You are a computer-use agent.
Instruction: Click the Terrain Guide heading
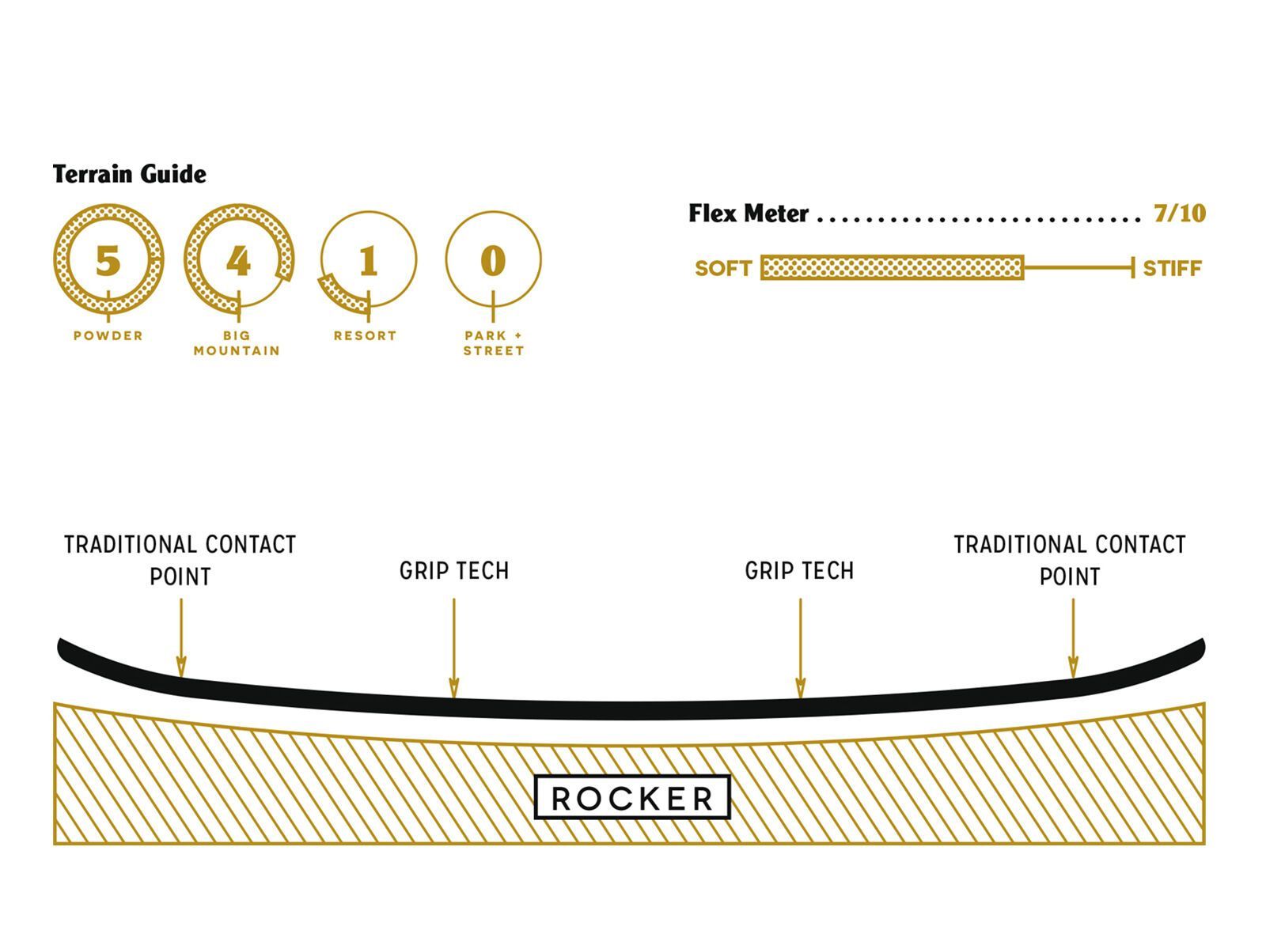coord(130,174)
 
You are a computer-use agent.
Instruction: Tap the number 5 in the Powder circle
coord(108,260)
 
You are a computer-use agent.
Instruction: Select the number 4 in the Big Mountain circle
coord(238,260)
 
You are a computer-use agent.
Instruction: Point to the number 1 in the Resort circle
coord(367,260)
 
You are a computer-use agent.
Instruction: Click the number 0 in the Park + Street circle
coord(493,260)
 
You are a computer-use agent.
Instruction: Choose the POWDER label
coord(108,336)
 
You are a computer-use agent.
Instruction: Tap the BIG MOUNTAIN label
coord(237,343)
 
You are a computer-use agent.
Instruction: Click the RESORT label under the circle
coord(365,336)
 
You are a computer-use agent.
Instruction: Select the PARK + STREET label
coord(494,343)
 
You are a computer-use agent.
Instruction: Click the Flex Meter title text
coord(749,214)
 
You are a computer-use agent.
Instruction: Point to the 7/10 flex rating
coord(1179,214)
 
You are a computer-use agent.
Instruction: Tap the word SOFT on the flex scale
coord(722,269)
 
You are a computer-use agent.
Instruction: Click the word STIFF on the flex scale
coord(1172,269)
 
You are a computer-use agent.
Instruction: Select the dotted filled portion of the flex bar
coord(892,268)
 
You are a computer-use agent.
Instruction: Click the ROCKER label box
coord(632,797)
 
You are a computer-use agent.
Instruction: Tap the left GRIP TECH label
coord(454,571)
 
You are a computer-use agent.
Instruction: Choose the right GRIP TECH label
coord(800,571)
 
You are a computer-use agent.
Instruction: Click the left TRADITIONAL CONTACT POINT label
coord(180,560)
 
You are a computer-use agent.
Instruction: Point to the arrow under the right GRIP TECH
coord(800,648)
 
